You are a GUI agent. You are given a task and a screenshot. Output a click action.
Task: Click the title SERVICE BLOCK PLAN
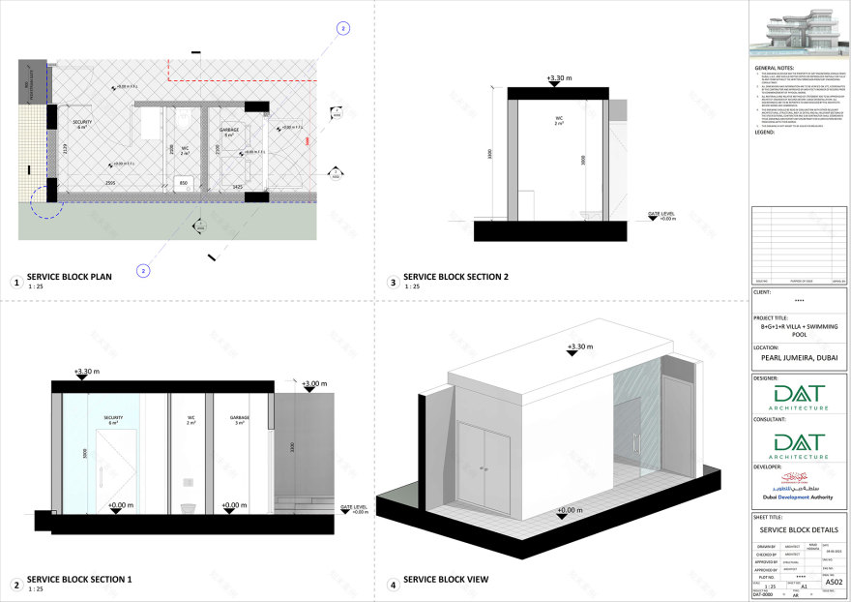point(70,277)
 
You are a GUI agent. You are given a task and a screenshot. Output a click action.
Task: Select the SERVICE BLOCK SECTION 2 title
point(455,277)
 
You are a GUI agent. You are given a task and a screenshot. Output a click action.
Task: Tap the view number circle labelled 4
point(393,585)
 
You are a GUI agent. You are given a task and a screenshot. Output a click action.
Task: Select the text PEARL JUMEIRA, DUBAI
point(799,358)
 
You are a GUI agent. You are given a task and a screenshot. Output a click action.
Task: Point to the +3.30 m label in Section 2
point(559,78)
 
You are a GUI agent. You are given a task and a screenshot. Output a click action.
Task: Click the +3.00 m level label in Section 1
point(314,384)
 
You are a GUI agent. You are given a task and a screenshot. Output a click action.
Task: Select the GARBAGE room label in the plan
point(228,129)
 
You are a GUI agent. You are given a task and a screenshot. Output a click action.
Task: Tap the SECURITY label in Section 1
point(114,418)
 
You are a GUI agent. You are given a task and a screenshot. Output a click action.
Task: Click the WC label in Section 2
point(559,118)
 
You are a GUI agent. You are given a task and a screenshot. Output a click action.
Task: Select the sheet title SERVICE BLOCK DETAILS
point(799,530)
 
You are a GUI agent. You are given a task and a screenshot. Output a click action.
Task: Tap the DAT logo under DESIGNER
point(799,399)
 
